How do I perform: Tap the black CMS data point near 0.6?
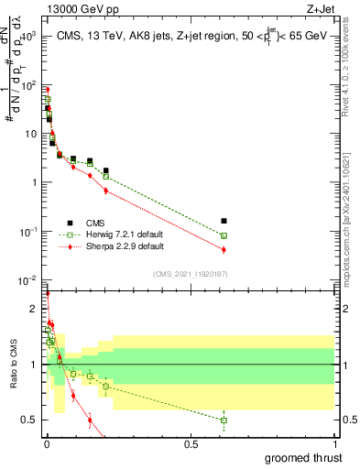[224, 221]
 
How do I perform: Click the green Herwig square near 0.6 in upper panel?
[224, 235]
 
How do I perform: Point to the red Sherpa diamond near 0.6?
[224, 249]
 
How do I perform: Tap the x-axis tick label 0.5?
[191, 443]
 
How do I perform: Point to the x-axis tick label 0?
[47, 443]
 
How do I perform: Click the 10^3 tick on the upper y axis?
[30, 36]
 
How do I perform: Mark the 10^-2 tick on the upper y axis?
[30, 280]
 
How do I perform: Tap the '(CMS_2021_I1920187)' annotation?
[190, 274]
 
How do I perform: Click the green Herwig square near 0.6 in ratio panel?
[224, 420]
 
